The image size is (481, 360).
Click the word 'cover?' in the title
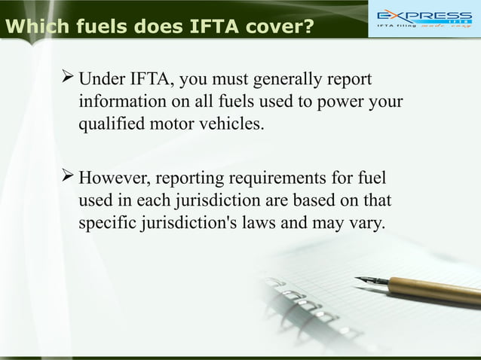point(276,28)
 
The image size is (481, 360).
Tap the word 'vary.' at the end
point(366,224)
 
